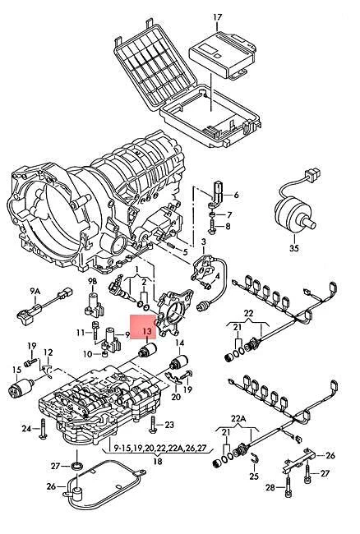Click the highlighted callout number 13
pyautogui.click(x=147, y=332)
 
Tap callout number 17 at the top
pyautogui.click(x=218, y=16)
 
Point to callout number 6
pyautogui.click(x=235, y=195)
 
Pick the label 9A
pyautogui.click(x=35, y=291)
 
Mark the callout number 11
pyautogui.click(x=81, y=332)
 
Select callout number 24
pyautogui.click(x=26, y=428)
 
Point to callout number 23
pyautogui.click(x=170, y=424)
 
